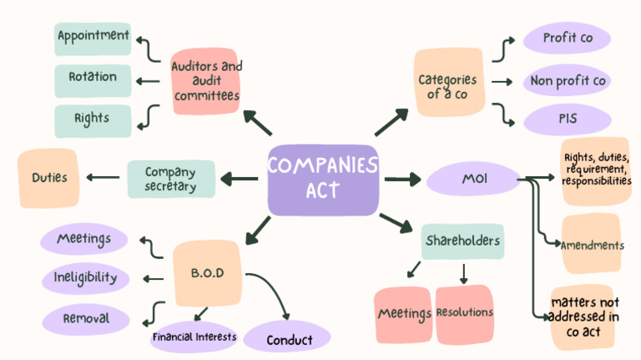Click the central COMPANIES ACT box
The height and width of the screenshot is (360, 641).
[x=323, y=179]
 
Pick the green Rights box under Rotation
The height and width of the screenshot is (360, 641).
[x=93, y=119]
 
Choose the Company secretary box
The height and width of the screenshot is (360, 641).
[x=170, y=179]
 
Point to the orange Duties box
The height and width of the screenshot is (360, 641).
[x=48, y=178]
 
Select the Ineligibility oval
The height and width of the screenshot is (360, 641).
[x=86, y=277]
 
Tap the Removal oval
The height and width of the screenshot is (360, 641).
[x=86, y=317]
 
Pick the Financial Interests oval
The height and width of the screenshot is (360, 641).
[x=194, y=337]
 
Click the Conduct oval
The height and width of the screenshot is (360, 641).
[x=289, y=338]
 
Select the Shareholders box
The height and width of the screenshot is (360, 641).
[x=462, y=241]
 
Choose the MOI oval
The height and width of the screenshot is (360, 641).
[x=472, y=179]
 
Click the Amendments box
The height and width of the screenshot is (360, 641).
[x=591, y=244]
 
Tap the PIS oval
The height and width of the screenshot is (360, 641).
[x=567, y=119]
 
